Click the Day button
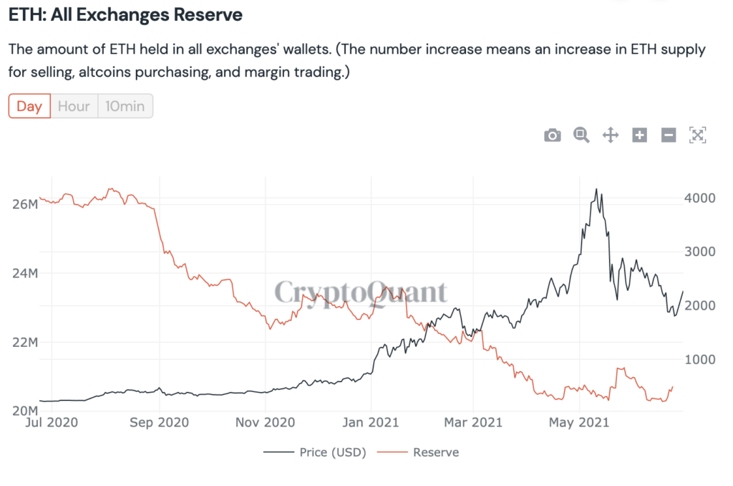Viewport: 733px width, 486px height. (x=29, y=107)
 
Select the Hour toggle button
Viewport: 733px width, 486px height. (x=74, y=107)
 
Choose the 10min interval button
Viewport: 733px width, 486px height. (x=125, y=107)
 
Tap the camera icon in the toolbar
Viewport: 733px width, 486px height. (x=553, y=135)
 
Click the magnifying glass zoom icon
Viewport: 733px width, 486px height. (x=581, y=135)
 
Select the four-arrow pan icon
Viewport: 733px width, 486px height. (x=611, y=135)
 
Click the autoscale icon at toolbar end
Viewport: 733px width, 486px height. (x=698, y=135)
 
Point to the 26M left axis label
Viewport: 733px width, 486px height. (x=25, y=204)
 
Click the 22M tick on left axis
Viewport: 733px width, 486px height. (x=25, y=342)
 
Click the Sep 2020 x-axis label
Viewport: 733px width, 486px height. (x=159, y=423)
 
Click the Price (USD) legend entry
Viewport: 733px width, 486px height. (x=315, y=452)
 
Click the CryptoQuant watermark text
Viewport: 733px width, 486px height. (x=361, y=292)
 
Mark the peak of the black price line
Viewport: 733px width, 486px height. (x=596, y=190)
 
